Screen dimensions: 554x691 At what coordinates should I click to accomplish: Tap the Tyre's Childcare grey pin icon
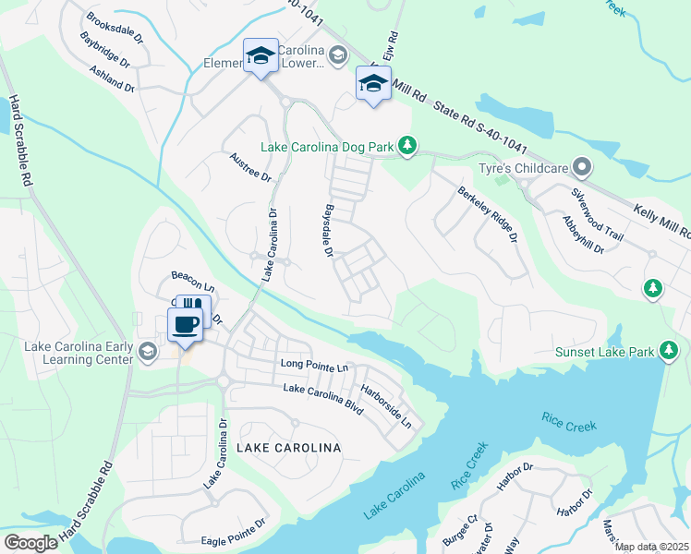click(x=581, y=169)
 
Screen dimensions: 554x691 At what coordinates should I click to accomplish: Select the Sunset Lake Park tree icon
click(x=669, y=352)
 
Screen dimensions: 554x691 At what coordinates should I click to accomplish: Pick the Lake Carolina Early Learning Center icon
click(x=148, y=351)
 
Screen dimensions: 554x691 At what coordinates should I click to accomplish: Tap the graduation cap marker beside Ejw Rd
click(x=372, y=85)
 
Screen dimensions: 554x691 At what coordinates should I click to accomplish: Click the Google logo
click(x=30, y=543)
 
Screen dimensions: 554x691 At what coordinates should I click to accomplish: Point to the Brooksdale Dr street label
click(x=115, y=28)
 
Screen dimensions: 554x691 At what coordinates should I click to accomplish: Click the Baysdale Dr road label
click(x=327, y=230)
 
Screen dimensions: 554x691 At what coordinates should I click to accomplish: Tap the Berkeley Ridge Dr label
click(x=488, y=214)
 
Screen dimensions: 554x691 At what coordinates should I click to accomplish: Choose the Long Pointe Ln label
click(x=314, y=367)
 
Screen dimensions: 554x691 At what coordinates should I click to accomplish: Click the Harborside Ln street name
click(x=386, y=406)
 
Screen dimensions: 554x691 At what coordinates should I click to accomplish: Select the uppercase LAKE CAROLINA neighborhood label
click(x=288, y=448)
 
